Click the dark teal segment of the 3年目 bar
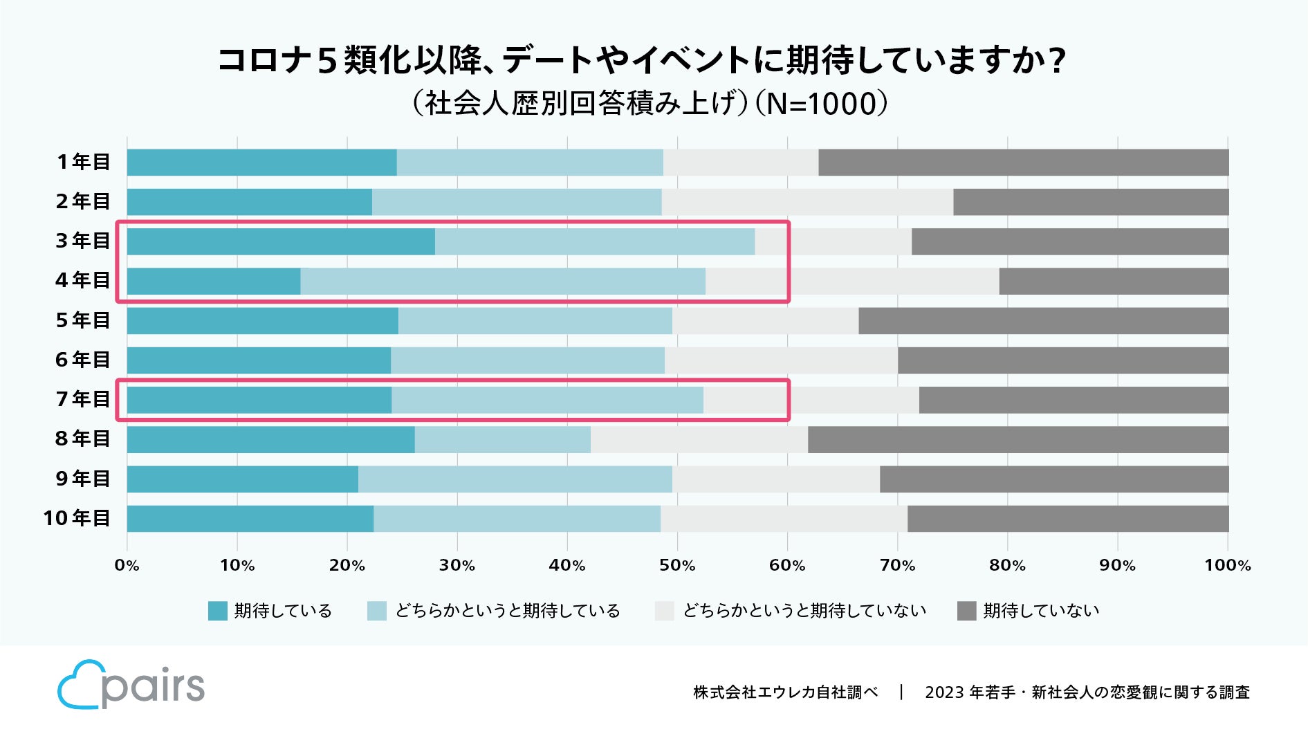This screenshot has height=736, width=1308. tap(281, 241)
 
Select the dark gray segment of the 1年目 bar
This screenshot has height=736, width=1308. tap(1023, 162)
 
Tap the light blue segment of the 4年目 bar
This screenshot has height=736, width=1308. tap(503, 282)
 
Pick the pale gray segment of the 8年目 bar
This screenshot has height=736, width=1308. tap(699, 440)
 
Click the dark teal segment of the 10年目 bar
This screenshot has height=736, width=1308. tap(250, 519)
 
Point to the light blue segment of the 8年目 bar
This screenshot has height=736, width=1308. tap(502, 440)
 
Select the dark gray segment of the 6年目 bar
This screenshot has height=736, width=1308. tap(1062, 360)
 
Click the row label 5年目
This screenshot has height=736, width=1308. tap(83, 321)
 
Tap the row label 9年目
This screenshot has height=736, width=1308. tap(83, 479)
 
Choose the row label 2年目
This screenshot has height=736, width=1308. tap(83, 201)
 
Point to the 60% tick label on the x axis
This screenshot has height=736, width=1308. tap(787, 566)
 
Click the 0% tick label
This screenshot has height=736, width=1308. tap(127, 566)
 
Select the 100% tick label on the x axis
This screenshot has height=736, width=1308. tap(1227, 566)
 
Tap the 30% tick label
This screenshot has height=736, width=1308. tap(457, 566)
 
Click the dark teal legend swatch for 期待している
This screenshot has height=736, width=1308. tap(217, 611)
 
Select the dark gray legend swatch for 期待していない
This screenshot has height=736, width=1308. tap(966, 611)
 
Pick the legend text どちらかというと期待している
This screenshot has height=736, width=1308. tap(507, 611)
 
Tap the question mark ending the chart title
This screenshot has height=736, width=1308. tap(1056, 61)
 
